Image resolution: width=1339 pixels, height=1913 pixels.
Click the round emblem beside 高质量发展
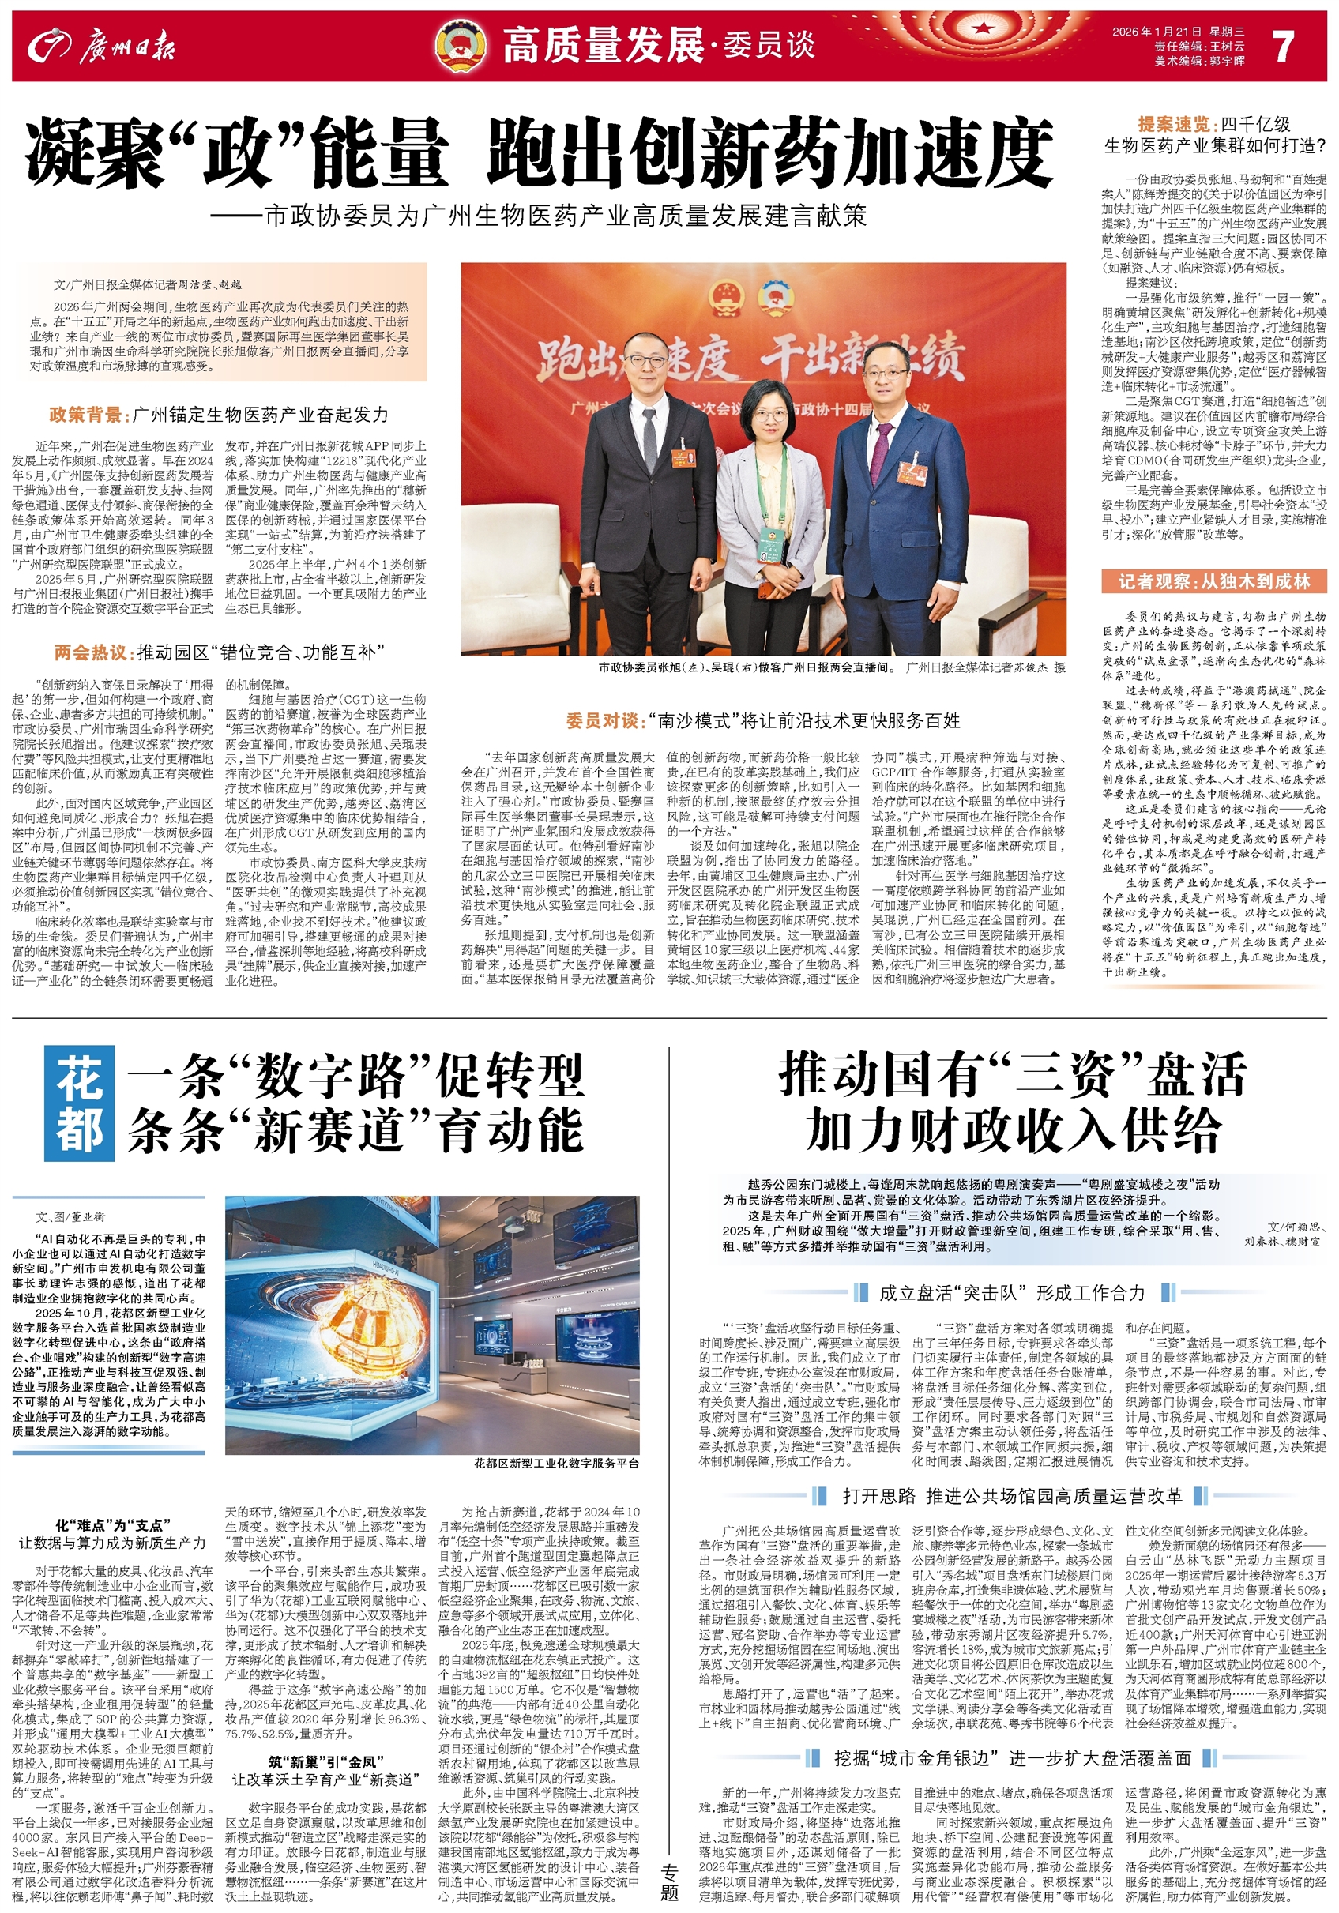tap(462, 45)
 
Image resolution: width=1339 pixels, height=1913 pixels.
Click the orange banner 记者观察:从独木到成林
tap(1214, 581)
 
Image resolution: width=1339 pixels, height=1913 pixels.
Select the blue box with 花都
tap(80, 1107)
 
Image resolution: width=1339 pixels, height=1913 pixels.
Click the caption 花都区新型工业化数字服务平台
tap(557, 1486)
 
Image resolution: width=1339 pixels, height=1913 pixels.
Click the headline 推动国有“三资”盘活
tap(1013, 1075)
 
